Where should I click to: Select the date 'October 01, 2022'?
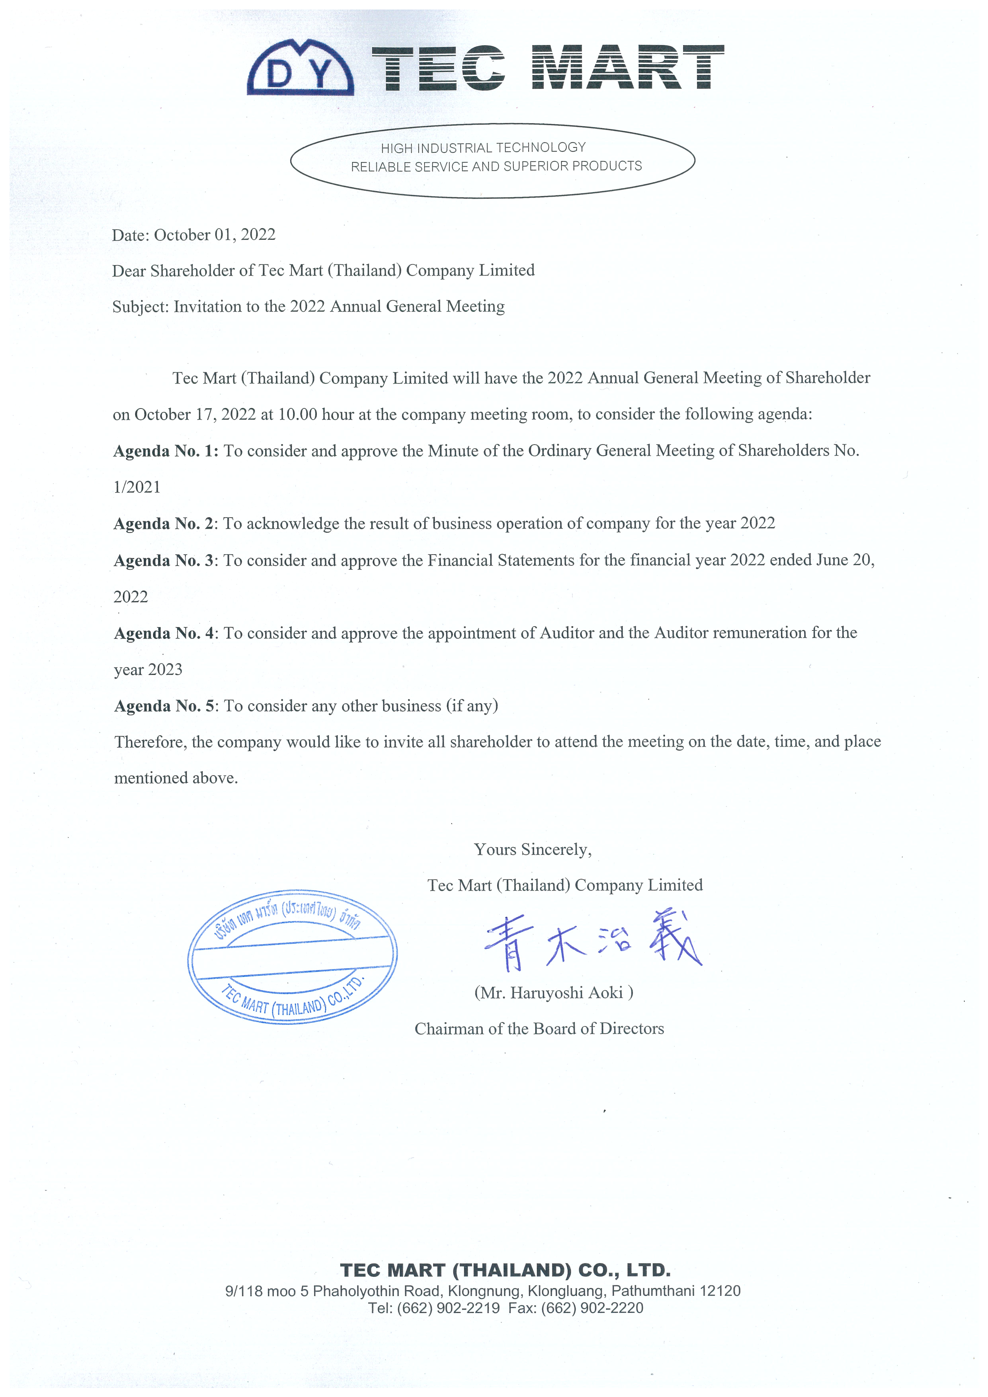click(x=214, y=235)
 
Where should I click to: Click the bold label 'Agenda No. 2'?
click(x=164, y=524)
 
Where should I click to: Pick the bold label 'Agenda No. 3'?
click(x=164, y=560)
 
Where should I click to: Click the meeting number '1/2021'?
click(x=137, y=487)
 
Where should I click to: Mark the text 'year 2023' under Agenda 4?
click(x=148, y=670)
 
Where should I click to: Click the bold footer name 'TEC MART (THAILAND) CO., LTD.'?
click(x=505, y=1270)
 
